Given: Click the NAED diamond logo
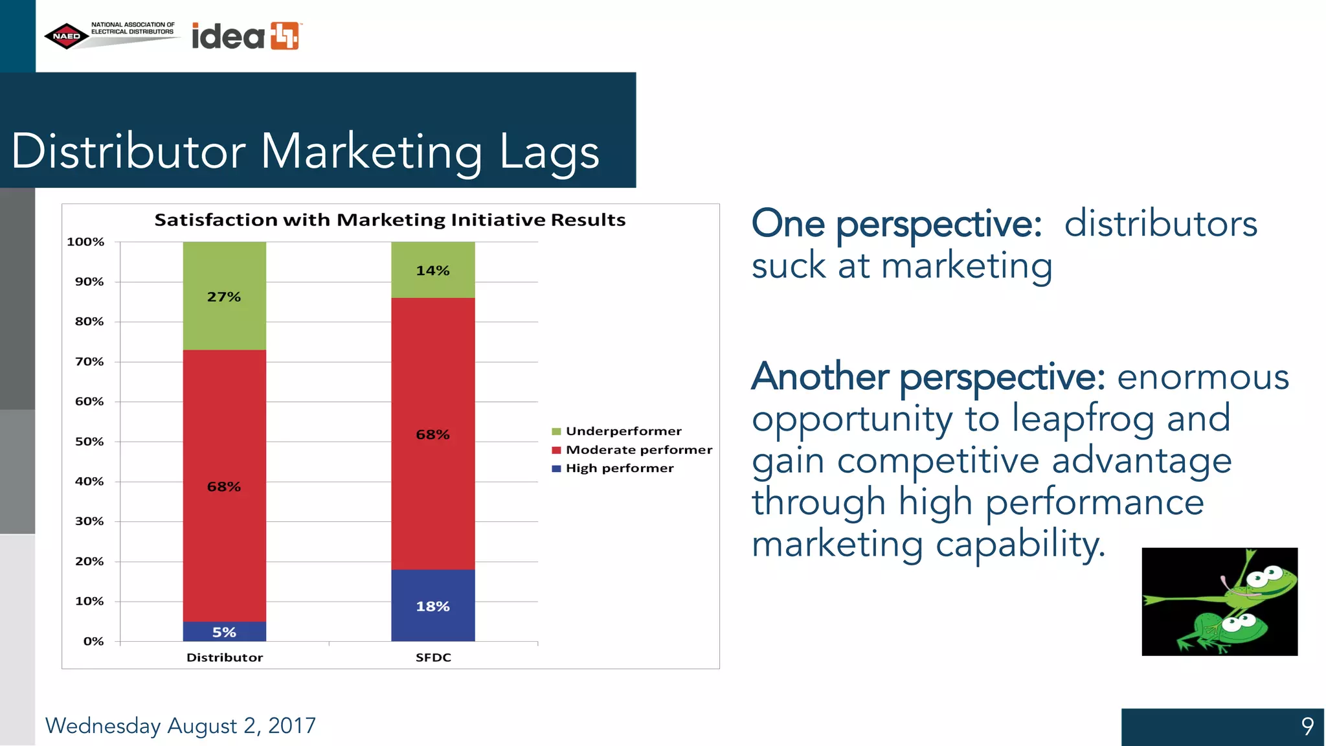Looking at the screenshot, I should [x=67, y=36].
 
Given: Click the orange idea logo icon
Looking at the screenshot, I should [x=285, y=36].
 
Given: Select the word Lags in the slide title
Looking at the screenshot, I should [x=549, y=152].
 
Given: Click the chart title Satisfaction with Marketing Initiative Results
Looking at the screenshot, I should [x=390, y=220].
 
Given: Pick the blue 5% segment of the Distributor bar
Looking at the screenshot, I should [x=224, y=631].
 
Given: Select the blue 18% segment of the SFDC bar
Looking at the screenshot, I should [x=433, y=605].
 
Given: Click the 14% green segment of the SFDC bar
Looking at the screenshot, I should [x=433, y=270].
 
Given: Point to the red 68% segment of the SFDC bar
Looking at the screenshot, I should [x=433, y=434].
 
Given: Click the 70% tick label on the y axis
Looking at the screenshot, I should [x=89, y=361].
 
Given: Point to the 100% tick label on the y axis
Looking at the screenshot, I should [x=85, y=242].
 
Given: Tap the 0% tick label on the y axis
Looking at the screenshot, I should [x=93, y=641].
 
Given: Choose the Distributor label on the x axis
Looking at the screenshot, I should [x=225, y=657].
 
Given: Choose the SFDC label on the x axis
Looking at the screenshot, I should [x=433, y=657].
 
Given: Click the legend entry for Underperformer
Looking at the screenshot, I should [x=623, y=431].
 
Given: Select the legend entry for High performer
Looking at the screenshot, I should [x=619, y=468].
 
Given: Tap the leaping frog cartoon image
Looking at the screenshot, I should [x=1219, y=602].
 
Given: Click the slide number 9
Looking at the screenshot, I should [x=1307, y=726].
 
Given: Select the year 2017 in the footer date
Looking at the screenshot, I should [x=292, y=726].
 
